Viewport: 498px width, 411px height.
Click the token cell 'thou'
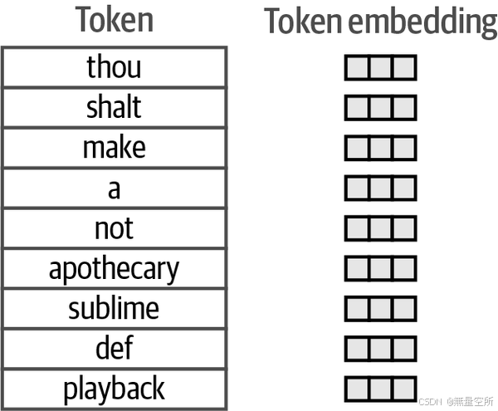(114, 67)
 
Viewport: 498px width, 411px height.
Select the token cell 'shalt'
(114, 107)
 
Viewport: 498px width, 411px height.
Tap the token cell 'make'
(114, 148)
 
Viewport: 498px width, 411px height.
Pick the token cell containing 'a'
(114, 188)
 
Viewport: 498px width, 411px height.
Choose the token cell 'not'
(114, 228)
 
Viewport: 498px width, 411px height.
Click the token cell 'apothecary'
(114, 269)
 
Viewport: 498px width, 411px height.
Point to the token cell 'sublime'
(114, 309)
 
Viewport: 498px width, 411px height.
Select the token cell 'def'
(114, 349)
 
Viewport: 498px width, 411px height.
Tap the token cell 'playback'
(114, 389)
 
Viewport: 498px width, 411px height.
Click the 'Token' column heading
(115, 20)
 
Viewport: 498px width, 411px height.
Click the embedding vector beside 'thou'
(380, 68)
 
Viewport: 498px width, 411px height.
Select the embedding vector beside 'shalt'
(380, 108)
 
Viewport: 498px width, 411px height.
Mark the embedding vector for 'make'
(380, 148)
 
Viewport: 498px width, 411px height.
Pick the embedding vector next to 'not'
(380, 228)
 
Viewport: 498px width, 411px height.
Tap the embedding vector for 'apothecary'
(380, 268)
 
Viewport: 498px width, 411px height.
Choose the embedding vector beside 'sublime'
(380, 309)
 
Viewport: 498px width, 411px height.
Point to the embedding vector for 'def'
(380, 349)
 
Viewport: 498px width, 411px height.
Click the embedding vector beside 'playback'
(380, 389)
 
